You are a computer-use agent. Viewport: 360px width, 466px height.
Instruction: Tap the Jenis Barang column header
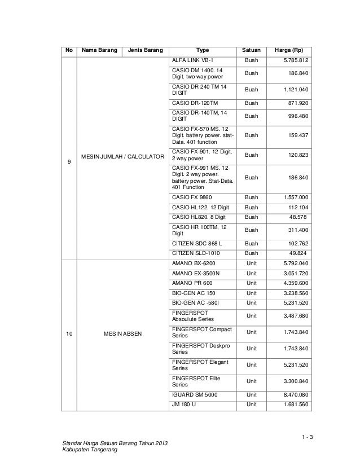tap(145, 50)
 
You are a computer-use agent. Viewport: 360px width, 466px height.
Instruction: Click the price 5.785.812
tap(295, 60)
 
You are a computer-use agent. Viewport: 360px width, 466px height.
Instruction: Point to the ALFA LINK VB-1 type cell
tap(193, 60)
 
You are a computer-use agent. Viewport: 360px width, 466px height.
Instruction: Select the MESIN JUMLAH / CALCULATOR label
tap(122, 156)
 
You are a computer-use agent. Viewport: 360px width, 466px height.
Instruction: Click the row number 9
tap(69, 163)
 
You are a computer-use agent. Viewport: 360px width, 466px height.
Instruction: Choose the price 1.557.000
tap(295, 197)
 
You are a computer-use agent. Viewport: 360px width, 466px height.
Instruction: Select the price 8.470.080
tap(295, 395)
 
